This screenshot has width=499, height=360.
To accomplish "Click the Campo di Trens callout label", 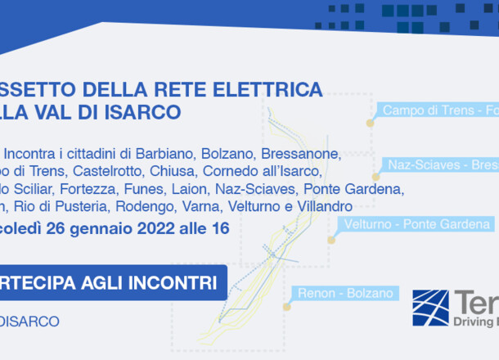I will (438, 110).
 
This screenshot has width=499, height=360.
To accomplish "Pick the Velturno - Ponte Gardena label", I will (417, 223).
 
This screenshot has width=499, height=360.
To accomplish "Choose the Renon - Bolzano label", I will (344, 292).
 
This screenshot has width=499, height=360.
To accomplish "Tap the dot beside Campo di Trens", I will (370, 123).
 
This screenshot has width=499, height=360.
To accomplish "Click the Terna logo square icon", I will (430, 308).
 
